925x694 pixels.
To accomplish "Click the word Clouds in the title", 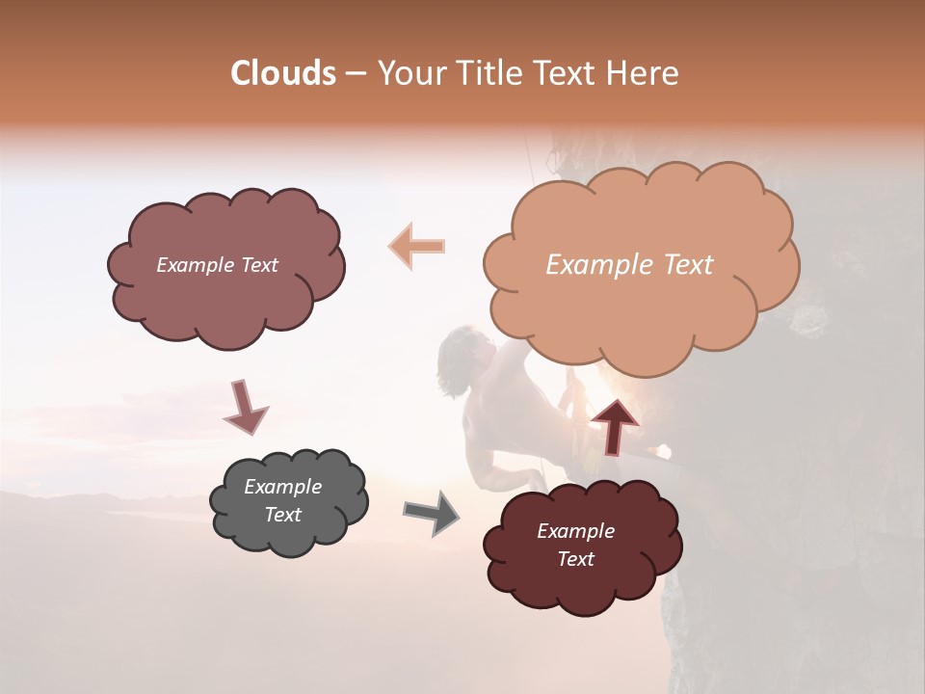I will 283,73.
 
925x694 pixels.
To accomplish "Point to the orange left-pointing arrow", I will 417,246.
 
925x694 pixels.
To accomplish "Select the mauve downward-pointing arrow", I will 245,406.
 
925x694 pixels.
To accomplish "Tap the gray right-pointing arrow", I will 431,512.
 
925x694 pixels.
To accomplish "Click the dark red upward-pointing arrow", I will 614,426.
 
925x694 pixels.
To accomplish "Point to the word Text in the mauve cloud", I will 258,265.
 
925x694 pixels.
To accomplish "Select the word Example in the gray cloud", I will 283,487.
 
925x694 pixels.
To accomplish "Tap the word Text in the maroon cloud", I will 575,559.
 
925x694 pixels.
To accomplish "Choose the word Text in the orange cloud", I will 688,265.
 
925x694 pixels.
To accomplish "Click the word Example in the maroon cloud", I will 575,531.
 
